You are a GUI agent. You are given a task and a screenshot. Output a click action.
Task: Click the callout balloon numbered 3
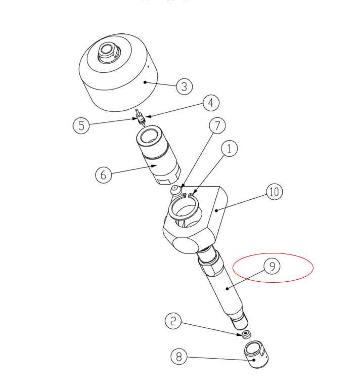click(184, 87)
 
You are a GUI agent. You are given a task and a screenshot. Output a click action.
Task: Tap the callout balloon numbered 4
click(211, 103)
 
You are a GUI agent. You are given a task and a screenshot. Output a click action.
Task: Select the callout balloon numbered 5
click(81, 125)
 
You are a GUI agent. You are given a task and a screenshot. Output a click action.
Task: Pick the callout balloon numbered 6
click(104, 175)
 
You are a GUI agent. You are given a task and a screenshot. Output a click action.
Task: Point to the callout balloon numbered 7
click(217, 125)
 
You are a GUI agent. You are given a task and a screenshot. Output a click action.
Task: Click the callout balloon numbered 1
click(230, 148)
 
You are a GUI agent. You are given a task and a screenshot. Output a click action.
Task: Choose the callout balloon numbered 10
click(275, 192)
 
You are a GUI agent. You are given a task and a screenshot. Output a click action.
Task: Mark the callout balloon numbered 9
click(272, 266)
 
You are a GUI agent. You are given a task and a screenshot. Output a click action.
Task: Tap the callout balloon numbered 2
click(173, 321)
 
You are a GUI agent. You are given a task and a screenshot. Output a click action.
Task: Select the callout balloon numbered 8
click(179, 356)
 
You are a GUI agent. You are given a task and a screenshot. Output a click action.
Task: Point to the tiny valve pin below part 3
click(140, 117)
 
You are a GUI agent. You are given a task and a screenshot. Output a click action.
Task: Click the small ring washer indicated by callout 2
click(246, 334)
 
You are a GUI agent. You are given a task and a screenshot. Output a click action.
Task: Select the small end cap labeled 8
click(256, 354)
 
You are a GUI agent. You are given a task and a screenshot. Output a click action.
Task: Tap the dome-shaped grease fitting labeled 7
click(175, 191)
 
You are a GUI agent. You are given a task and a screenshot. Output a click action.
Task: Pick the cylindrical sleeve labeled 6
click(158, 155)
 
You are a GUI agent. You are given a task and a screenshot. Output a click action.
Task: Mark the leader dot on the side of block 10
click(216, 210)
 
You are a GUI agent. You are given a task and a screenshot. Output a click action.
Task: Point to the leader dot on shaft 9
click(227, 288)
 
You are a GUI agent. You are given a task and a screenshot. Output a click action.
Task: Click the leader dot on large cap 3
click(145, 82)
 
